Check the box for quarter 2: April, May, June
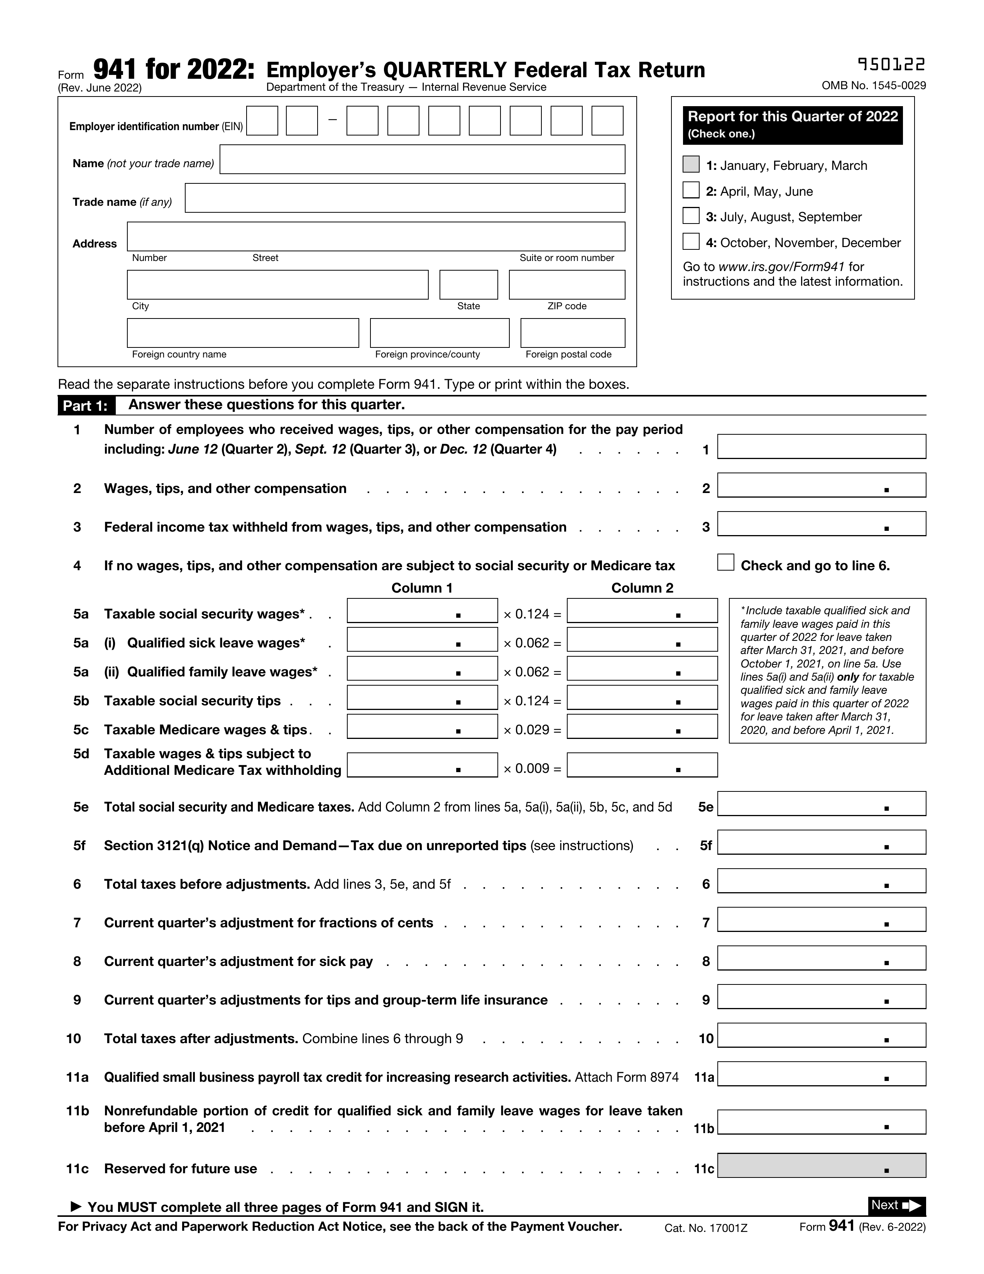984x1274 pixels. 691,190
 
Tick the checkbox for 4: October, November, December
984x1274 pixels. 691,242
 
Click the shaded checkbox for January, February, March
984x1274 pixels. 691,164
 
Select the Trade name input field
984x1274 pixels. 404,198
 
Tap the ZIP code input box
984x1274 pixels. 566,285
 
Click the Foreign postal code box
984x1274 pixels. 572,333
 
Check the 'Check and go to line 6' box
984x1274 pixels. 725,562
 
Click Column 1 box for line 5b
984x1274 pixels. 422,698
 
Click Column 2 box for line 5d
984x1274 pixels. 642,765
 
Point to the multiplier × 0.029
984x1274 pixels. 532,730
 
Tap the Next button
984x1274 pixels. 896,1206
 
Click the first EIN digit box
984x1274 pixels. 262,121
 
